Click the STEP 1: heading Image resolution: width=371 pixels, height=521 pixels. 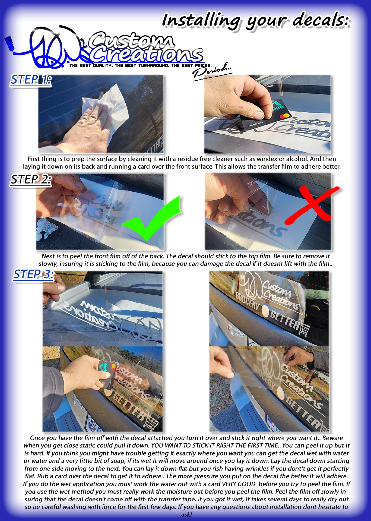pyautogui.click(x=31, y=80)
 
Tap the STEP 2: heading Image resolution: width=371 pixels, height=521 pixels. pyautogui.click(x=31, y=180)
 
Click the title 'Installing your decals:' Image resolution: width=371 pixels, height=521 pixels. pyautogui.click(x=256, y=21)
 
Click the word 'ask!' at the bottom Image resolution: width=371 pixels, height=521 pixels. pyautogui.click(x=186, y=514)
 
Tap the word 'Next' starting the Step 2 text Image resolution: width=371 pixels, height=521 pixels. pyautogui.click(x=48, y=256)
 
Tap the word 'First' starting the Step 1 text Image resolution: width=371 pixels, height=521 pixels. pyautogui.click(x=34, y=159)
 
